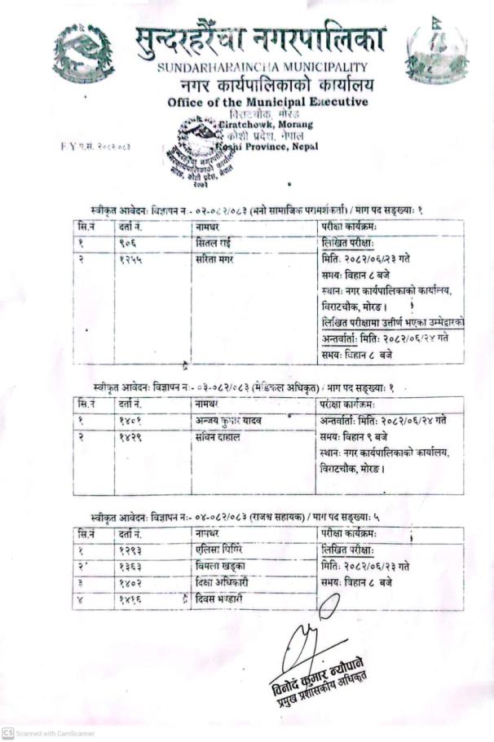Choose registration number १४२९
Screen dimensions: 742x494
(130, 436)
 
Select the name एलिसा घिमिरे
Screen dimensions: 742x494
(222, 550)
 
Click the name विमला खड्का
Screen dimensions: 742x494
(222, 567)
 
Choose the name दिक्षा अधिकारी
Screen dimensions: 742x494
(223, 584)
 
